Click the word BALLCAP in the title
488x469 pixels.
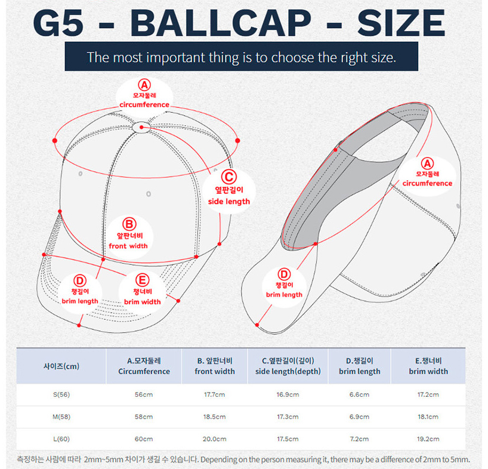coord(220,23)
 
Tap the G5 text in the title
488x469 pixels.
coord(58,23)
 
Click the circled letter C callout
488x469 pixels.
coord(229,177)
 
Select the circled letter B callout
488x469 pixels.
coord(129,224)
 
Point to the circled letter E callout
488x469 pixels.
coord(142,280)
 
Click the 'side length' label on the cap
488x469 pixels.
coord(229,201)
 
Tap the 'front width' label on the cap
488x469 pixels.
coord(128,246)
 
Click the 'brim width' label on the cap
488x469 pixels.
coord(142,301)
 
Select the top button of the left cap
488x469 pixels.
coord(141,127)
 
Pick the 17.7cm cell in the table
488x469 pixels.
coord(214,394)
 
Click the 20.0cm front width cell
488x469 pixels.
coord(214,439)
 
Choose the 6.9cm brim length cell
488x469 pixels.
coord(359,416)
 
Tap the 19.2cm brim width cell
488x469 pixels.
coord(428,439)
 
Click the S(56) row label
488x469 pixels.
coord(61,394)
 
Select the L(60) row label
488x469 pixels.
coord(61,439)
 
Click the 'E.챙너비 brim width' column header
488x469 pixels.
coord(428,366)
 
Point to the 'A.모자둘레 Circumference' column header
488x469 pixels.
coord(144,366)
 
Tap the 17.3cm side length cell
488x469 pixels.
coord(288,416)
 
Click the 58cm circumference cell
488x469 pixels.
coord(144,416)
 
